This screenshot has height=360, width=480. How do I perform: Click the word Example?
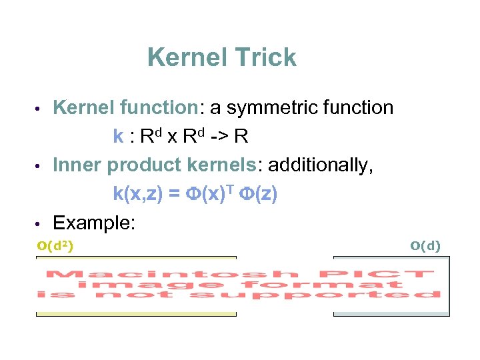94,223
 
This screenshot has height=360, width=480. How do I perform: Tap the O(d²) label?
55,246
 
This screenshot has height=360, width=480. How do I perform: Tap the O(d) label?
425,246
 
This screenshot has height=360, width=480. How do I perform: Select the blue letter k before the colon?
118,137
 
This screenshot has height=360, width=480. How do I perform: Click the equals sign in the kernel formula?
174,194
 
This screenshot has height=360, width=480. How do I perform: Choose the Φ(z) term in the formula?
261,194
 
